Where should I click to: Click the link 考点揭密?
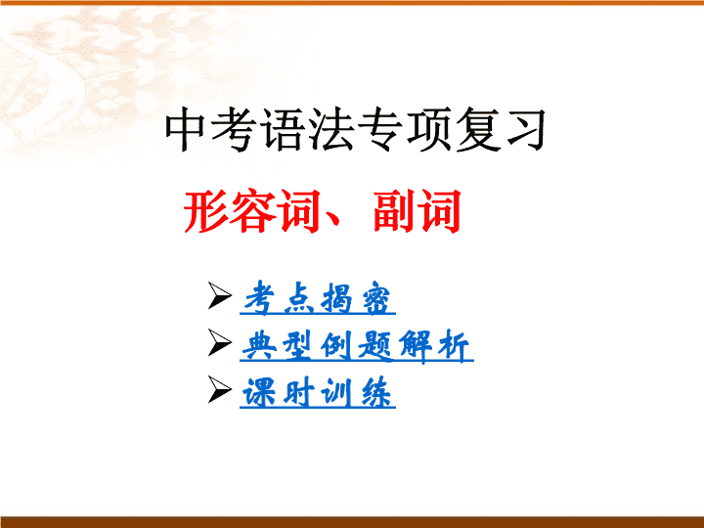318,297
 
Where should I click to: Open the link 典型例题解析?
357,345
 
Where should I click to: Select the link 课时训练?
318,393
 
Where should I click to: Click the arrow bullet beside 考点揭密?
220,295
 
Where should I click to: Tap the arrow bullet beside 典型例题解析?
220,342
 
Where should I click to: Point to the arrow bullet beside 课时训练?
220,390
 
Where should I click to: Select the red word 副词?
417,211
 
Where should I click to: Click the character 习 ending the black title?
526,129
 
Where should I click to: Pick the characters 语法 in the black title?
308,129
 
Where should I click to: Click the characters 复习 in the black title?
501,129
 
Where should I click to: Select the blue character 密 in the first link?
376,298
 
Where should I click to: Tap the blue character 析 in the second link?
454,345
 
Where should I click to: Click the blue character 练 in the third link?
376,392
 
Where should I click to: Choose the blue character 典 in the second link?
258,345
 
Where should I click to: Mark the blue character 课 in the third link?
258,392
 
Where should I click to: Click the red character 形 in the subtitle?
205,211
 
